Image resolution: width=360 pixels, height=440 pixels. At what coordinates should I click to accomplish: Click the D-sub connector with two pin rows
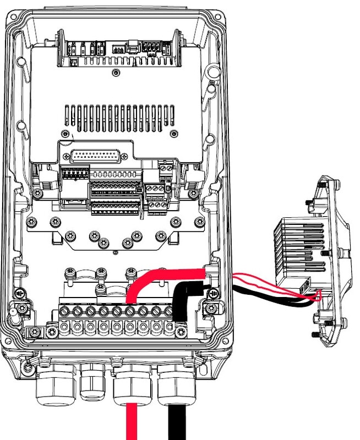pos(95,155)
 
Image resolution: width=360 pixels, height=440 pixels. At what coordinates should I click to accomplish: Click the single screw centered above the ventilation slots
pos(114,73)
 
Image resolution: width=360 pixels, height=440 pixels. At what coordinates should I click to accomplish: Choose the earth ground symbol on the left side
pos(20,294)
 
